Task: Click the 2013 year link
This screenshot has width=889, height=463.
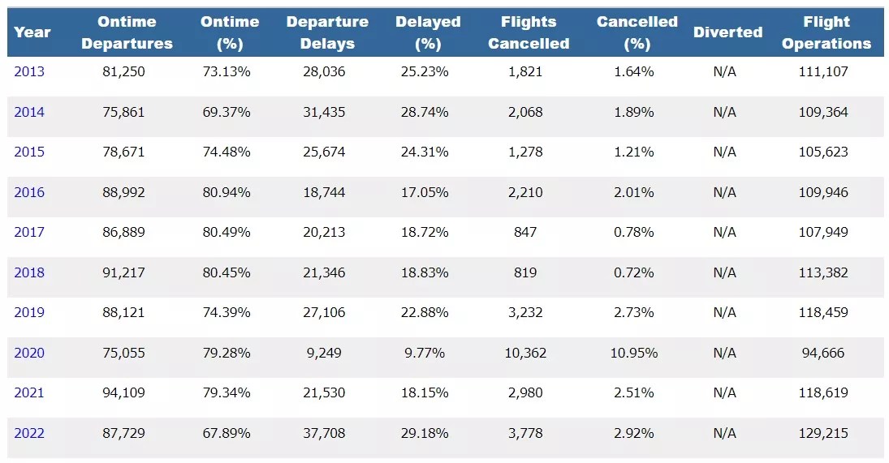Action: coord(29,71)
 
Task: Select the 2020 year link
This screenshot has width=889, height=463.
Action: coord(29,353)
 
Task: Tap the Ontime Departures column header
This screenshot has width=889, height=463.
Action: coord(127,32)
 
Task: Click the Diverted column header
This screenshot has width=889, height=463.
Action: coord(727,32)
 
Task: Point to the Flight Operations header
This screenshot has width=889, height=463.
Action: coord(826,32)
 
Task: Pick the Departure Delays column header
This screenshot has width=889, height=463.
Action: coord(327,32)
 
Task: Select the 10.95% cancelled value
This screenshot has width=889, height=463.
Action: coord(633,353)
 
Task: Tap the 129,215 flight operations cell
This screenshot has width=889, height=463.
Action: coord(824,433)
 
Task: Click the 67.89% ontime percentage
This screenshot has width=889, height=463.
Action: coord(227,433)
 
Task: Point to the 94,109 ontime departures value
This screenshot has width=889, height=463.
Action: coord(124,392)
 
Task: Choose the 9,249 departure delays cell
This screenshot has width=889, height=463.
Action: coord(326,353)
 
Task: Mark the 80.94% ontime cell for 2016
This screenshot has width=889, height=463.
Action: coord(227,192)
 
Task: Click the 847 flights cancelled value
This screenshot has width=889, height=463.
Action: coord(525,232)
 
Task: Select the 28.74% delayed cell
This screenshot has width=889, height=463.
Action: coord(425,112)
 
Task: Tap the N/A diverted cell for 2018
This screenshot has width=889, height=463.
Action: coord(724,272)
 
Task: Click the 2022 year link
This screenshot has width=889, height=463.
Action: coord(29,433)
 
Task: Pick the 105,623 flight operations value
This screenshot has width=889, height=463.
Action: coord(824,152)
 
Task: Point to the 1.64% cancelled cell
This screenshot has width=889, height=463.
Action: coord(633,71)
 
